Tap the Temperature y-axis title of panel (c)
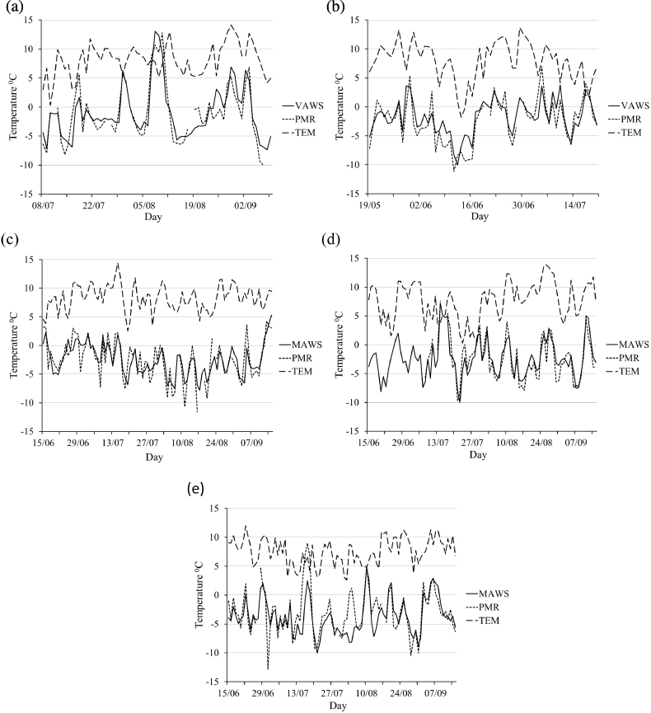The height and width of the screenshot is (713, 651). (13, 344)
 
